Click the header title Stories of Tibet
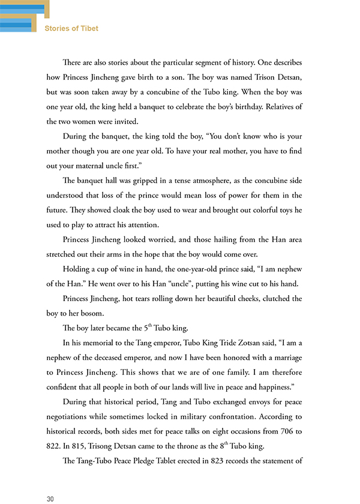71,28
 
